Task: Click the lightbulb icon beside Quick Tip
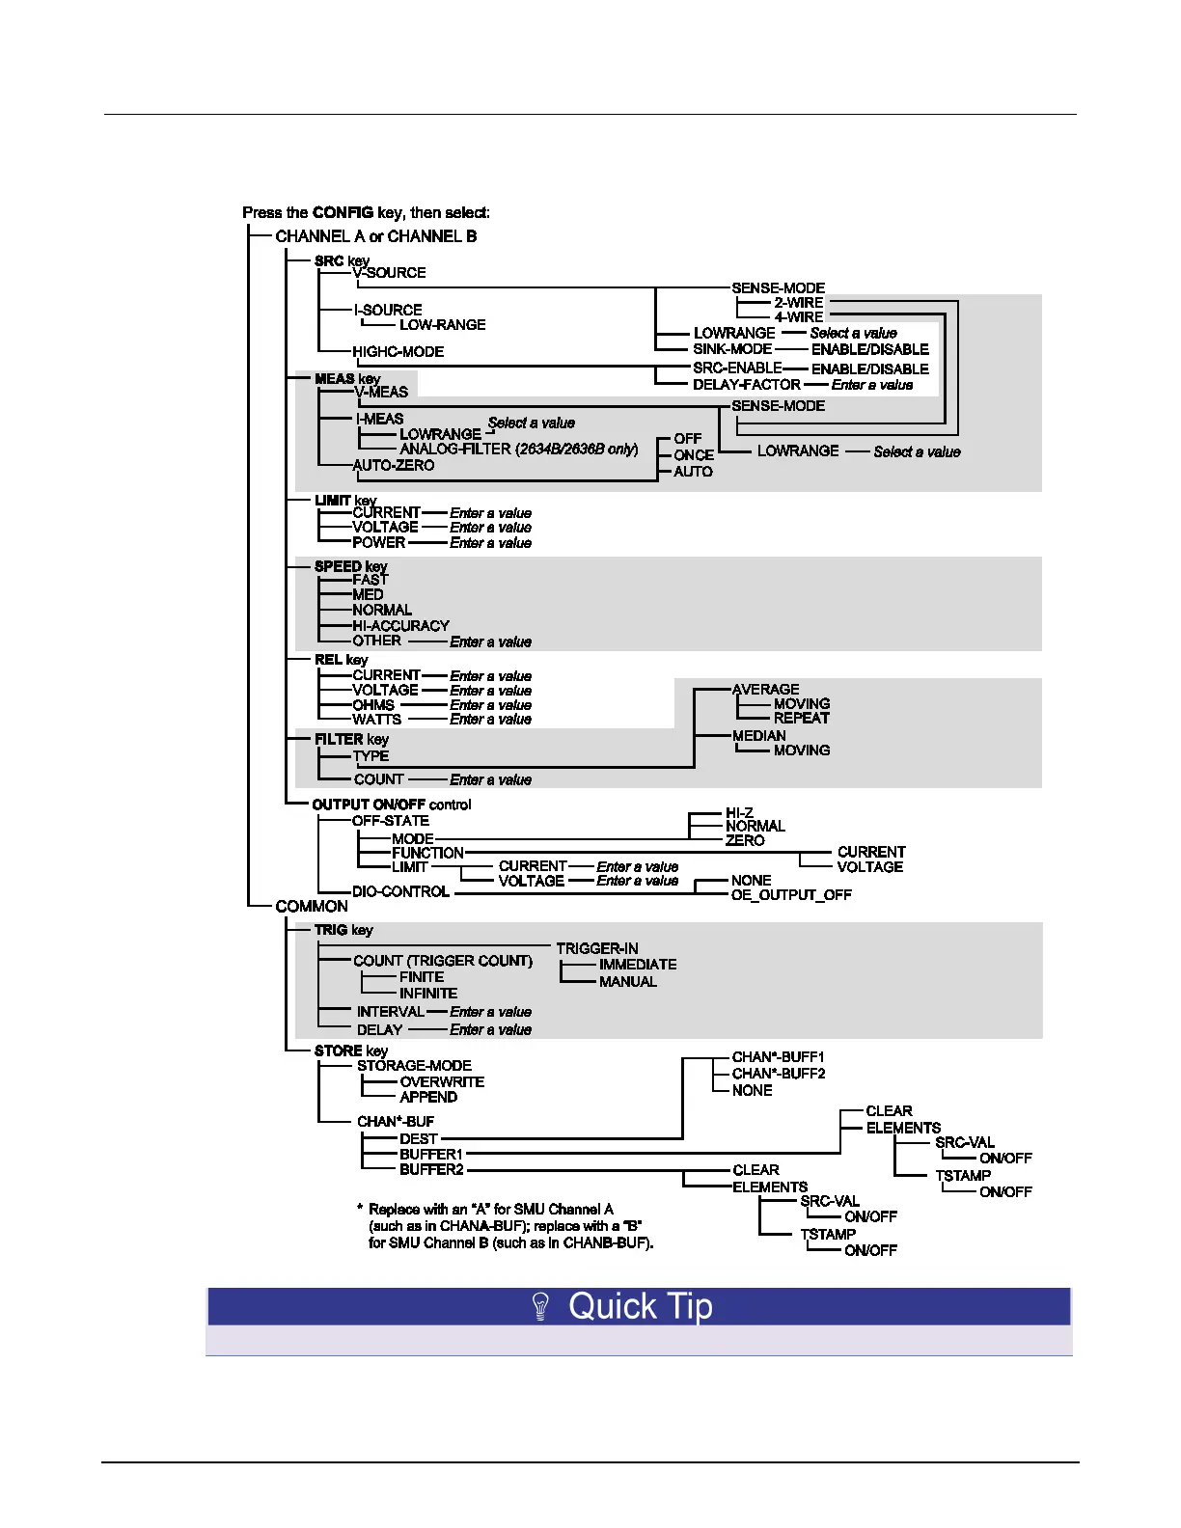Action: tap(541, 1307)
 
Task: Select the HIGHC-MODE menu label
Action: tap(398, 352)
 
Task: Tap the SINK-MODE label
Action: tap(732, 349)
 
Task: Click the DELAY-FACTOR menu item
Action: tap(746, 385)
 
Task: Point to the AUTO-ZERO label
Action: tap(394, 466)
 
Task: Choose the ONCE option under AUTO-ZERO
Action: tap(694, 455)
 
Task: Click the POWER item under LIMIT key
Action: tap(378, 543)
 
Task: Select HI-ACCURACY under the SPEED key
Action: tap(400, 626)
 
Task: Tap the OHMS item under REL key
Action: tap(373, 705)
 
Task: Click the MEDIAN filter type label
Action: tap(758, 736)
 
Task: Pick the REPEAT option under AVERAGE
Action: tap(801, 719)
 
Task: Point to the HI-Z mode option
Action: tap(739, 813)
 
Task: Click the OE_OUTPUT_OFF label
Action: tap(791, 895)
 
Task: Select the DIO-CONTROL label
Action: tap(400, 892)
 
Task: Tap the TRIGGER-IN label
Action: tap(597, 949)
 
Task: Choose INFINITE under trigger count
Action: tap(428, 994)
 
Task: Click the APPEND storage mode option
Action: tap(428, 1098)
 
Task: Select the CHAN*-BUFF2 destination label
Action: tap(779, 1074)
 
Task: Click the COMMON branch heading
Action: tap(312, 907)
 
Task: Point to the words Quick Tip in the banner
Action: tap(641, 1307)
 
